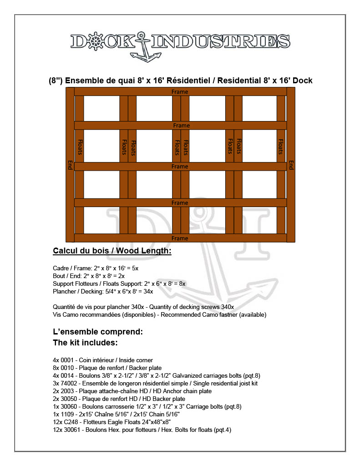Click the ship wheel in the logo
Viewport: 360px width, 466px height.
(96, 41)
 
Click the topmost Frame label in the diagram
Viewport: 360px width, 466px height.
(180, 92)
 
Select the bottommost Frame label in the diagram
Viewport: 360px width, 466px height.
(180, 238)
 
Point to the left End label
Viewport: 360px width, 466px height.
(70, 165)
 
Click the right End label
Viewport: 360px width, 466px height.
(291, 165)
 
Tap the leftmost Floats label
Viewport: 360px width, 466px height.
(80, 147)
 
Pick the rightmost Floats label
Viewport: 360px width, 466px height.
(281, 147)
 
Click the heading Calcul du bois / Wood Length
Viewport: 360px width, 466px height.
(112, 251)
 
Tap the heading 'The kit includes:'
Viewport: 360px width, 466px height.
(86, 342)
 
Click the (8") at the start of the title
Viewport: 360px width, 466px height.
(56, 81)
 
